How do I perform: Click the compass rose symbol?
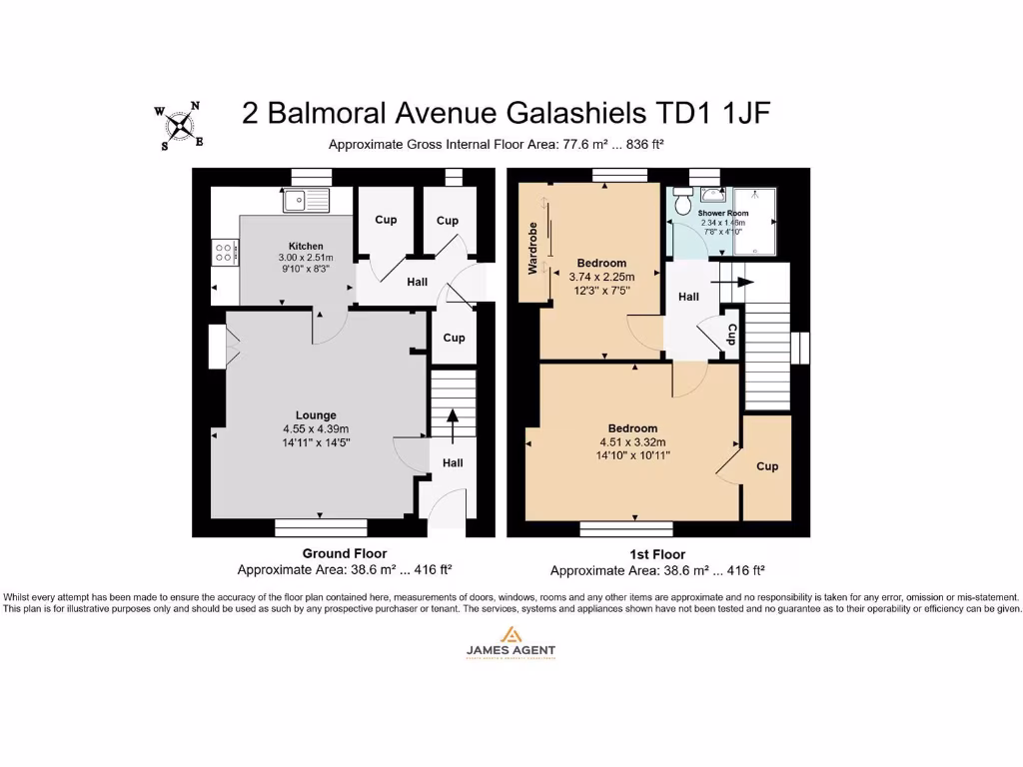click(x=179, y=126)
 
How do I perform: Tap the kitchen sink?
click(x=305, y=201)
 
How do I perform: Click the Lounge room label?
click(x=316, y=414)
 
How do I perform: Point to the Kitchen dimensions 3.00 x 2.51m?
click(x=306, y=258)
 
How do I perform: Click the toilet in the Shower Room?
click(x=684, y=203)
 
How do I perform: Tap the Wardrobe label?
click(x=532, y=248)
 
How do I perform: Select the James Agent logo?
click(x=511, y=642)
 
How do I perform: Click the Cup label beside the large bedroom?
click(x=767, y=466)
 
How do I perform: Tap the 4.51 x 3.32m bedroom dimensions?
click(x=631, y=441)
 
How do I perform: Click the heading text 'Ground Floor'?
click(x=345, y=553)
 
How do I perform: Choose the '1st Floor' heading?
click(x=657, y=554)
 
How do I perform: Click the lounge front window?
click(x=321, y=526)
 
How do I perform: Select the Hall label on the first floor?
click(x=689, y=297)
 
